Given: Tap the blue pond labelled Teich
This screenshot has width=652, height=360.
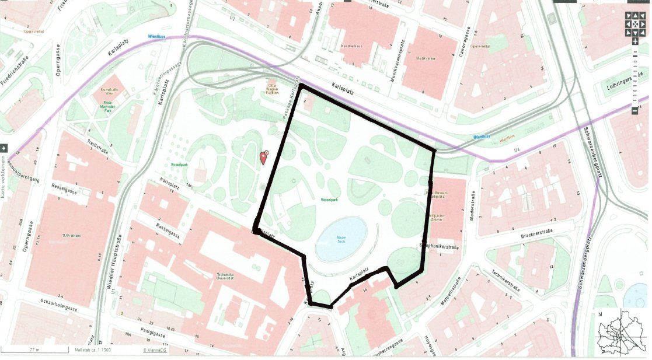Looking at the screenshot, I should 341,239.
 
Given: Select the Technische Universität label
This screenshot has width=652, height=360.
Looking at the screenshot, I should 225,276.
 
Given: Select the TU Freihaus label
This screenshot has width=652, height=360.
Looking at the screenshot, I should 72,236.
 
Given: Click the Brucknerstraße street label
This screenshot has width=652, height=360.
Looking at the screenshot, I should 535,237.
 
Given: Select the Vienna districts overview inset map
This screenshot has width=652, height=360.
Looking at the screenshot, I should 622,333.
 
